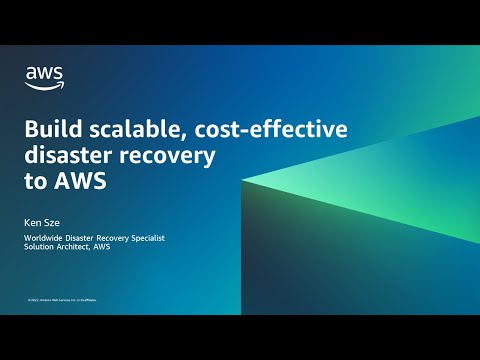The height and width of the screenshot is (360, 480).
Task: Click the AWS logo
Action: [x=44, y=75]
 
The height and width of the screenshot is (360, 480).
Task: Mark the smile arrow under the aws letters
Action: [x=45, y=84]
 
